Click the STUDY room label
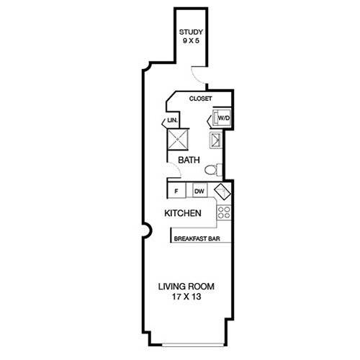coord(191,32)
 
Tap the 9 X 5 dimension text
coord(191,40)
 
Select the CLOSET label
coord(200,99)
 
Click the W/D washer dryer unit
coord(222,117)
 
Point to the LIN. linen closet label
coord(173,120)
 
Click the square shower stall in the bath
coord(178,140)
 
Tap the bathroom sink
coord(215,140)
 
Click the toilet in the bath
coord(213,170)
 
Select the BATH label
coord(189,160)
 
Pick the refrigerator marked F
coord(176,191)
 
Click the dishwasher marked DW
coord(200,191)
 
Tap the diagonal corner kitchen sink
coord(222,192)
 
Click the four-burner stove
coord(224,212)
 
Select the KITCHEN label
coord(183,213)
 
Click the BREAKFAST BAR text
coord(197,239)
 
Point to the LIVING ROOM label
coord(186,287)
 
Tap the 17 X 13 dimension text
coord(186,297)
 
